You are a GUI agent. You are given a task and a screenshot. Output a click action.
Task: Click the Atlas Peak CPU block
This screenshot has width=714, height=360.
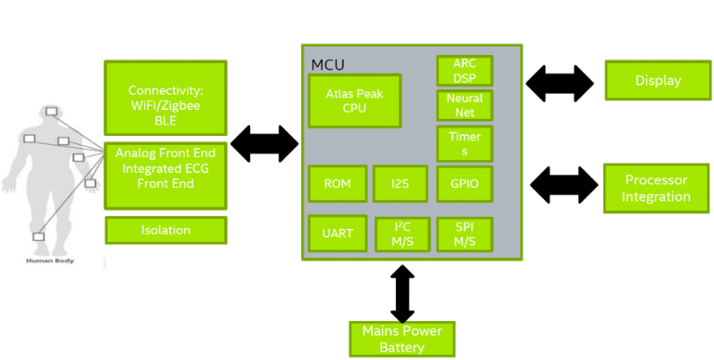(354, 100)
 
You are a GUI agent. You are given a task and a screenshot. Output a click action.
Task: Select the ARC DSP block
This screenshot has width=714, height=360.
(464, 71)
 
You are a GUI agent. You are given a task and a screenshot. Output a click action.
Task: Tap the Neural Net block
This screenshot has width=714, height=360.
(464, 104)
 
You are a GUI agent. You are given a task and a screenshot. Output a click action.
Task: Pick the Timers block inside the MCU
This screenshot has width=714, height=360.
(464, 143)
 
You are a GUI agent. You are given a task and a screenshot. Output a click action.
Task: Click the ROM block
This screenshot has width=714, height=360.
(337, 184)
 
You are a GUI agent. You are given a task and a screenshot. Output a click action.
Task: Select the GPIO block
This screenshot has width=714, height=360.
(464, 184)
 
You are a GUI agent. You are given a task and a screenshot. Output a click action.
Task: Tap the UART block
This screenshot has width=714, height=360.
(337, 233)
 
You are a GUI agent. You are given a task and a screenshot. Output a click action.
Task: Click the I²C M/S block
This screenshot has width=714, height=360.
(403, 234)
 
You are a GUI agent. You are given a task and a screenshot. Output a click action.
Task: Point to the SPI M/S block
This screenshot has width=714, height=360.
(464, 234)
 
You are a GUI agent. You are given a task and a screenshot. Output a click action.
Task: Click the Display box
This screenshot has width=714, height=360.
(657, 80)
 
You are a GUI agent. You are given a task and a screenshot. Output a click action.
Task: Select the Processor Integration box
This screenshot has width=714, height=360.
(656, 188)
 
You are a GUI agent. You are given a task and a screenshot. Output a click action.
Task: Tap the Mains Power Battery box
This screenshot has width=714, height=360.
(402, 340)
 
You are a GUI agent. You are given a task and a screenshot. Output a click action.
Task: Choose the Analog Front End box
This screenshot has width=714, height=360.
(165, 175)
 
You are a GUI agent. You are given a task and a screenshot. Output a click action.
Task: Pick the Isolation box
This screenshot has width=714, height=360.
(165, 230)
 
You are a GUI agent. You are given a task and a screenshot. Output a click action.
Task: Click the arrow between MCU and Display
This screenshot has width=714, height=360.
(560, 83)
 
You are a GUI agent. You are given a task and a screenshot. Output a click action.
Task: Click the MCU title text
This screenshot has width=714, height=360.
(327, 64)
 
